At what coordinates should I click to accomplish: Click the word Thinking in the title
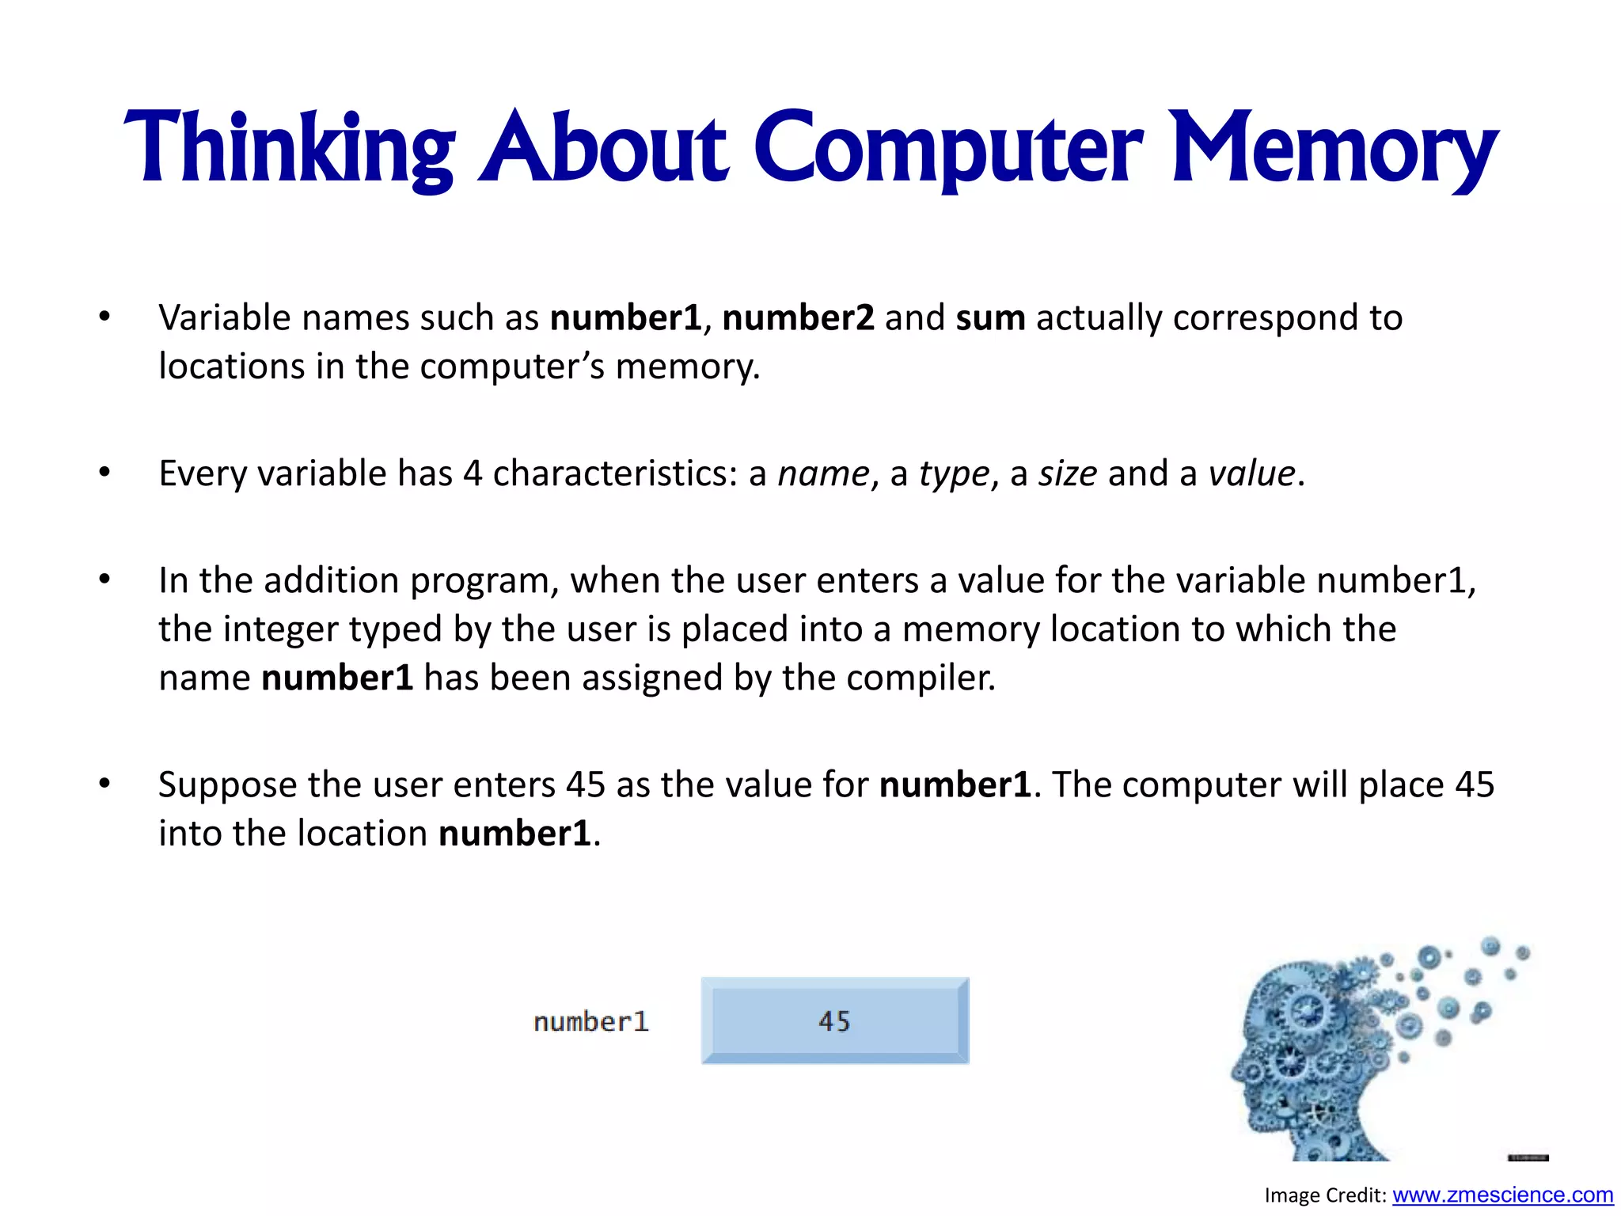289,149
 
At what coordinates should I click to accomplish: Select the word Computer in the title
947,149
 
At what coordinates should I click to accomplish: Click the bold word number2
798,318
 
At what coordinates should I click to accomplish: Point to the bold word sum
990,318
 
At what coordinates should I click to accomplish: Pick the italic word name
823,474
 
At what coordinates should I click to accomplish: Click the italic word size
1068,474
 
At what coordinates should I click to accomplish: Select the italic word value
1251,474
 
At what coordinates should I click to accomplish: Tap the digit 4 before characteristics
473,474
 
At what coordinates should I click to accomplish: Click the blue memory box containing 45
834,1020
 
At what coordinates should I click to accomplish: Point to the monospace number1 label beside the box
591,1022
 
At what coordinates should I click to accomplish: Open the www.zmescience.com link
1502,1195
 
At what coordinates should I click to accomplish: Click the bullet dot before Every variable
104,473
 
